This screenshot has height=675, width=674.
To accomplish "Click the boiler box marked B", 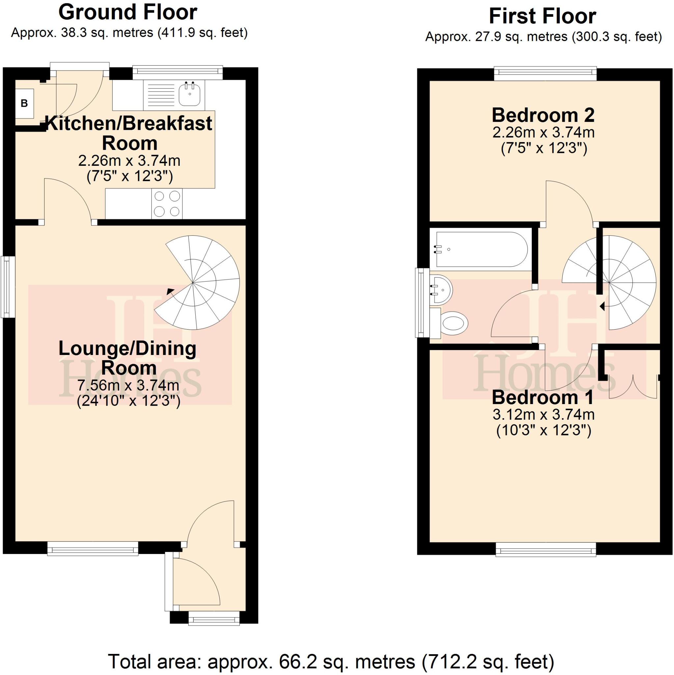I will [x=24, y=103].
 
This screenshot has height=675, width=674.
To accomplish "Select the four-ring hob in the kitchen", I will [x=167, y=204].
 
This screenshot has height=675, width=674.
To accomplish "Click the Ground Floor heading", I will [x=128, y=13].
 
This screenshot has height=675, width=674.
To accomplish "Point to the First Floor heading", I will [x=542, y=16].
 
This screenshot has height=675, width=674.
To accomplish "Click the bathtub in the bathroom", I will [x=482, y=249].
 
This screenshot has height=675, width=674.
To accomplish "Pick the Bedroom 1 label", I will [x=542, y=397].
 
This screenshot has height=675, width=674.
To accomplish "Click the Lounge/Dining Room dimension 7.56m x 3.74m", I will [x=128, y=385].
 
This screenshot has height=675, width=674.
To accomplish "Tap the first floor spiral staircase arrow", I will [x=602, y=307].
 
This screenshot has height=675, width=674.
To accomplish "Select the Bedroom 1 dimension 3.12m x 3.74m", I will [x=544, y=415].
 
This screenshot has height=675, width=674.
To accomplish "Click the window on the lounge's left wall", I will [x=8, y=287].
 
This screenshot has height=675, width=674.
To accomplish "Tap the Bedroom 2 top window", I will [x=545, y=72].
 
